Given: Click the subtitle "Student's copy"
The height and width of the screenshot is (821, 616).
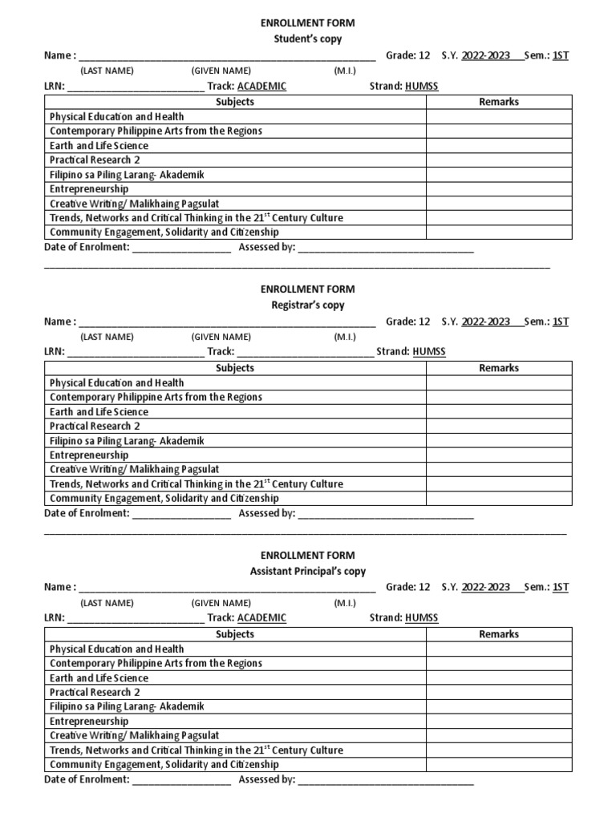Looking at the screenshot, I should [x=307, y=38].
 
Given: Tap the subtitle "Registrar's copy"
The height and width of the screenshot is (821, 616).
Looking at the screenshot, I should [x=307, y=305].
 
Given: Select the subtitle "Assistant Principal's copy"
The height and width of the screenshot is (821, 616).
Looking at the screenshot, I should [x=307, y=571].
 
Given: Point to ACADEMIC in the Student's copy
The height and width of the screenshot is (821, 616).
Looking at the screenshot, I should [x=261, y=86].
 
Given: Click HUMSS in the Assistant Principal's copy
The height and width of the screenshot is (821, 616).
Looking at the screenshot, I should [x=422, y=618].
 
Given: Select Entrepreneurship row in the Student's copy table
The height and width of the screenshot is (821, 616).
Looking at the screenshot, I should [x=89, y=189].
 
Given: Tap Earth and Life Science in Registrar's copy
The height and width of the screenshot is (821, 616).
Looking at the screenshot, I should [x=99, y=412].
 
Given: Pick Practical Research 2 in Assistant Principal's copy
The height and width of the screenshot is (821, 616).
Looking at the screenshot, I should [x=95, y=693].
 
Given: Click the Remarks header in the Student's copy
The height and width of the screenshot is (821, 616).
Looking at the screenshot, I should [x=498, y=102].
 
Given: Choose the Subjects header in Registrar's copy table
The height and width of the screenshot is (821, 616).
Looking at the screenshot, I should [x=235, y=368].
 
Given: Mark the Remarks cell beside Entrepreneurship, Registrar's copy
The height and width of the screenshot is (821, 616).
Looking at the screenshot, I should [x=498, y=455].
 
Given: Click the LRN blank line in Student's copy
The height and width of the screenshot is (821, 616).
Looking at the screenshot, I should [x=136, y=87].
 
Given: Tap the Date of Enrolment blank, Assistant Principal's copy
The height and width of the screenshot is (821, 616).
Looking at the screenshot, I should [x=181, y=780].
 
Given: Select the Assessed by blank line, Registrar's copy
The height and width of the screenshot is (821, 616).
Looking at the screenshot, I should [x=386, y=514].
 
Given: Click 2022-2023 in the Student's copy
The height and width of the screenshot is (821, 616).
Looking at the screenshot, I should [x=485, y=55].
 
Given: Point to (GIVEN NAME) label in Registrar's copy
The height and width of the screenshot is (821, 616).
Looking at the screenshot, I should [x=221, y=337].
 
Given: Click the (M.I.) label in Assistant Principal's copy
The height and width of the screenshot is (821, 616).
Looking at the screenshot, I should [x=345, y=603].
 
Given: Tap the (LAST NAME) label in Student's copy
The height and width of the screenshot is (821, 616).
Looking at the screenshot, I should [x=107, y=71].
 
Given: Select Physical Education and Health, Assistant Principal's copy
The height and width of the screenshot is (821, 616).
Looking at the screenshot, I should [x=116, y=649].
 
